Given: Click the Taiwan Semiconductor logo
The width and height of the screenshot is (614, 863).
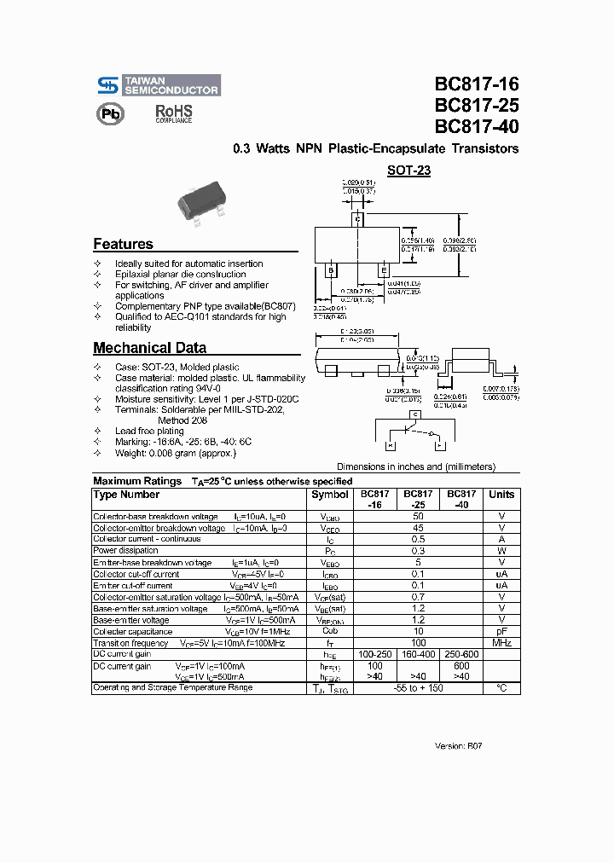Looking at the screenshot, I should pos(157,84).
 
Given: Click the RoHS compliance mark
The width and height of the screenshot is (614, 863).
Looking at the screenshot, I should pos(173,114).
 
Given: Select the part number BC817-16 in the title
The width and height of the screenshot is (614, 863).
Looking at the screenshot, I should pos(476,85).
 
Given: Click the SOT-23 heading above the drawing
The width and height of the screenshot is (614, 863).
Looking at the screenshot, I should pos(409,171).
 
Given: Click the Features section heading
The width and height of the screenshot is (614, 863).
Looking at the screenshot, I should pos(124,244).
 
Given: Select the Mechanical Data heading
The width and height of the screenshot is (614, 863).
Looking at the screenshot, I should pos(149,348).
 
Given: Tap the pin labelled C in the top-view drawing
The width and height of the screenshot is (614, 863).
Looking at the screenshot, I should pos(358,220).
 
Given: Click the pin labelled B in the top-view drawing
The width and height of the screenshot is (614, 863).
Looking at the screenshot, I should pos(331,271).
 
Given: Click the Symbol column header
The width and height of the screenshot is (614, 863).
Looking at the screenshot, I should pos(329,495).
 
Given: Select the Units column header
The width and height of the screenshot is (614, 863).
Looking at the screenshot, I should pos(501,495).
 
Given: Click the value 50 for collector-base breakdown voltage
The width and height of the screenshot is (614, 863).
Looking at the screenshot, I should pos(418,517).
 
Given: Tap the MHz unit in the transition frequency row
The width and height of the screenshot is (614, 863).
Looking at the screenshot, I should pos(501,642).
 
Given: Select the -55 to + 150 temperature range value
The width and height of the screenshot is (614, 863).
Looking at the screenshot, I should pos(418,687).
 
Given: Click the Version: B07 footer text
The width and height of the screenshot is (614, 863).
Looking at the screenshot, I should pos(459,745).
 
